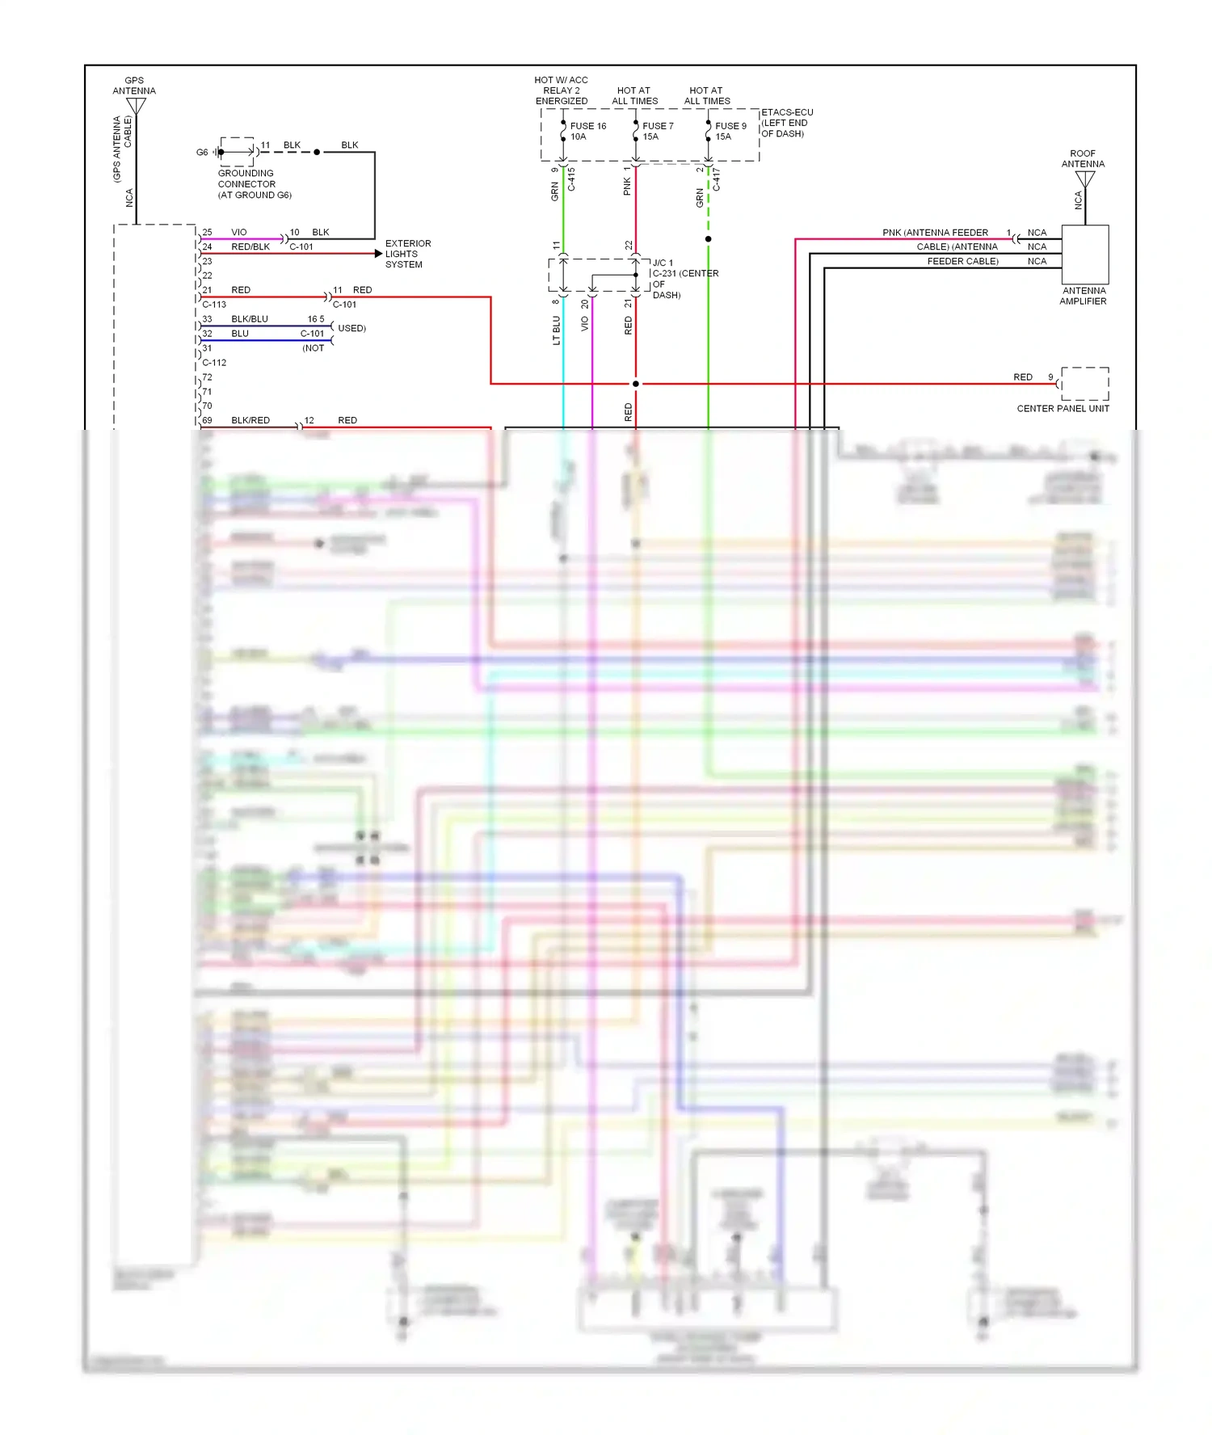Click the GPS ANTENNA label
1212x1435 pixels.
pyautogui.click(x=134, y=86)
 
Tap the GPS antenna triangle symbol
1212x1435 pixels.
pyautogui.click(x=136, y=106)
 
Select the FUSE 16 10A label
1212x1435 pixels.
pyautogui.click(x=587, y=131)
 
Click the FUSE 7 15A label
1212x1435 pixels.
pyautogui.click(x=657, y=131)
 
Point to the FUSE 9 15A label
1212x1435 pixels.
pyautogui.click(x=730, y=131)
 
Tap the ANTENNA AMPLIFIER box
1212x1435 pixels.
pyautogui.click(x=1084, y=254)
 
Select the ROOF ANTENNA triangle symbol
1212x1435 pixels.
pyautogui.click(x=1084, y=179)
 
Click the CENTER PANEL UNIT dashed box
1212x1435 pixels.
pyautogui.click(x=1084, y=384)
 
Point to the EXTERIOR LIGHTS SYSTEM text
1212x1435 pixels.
pyautogui.click(x=407, y=254)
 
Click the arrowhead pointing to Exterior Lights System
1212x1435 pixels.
pyautogui.click(x=378, y=254)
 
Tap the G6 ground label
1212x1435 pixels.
pyautogui.click(x=202, y=152)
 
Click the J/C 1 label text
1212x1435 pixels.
pyautogui.click(x=663, y=263)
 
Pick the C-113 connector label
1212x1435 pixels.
pyautogui.click(x=214, y=305)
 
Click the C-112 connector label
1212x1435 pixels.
pyautogui.click(x=214, y=363)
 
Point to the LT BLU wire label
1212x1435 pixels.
pyautogui.click(x=556, y=330)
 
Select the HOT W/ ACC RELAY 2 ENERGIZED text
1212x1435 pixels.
pyautogui.click(x=561, y=90)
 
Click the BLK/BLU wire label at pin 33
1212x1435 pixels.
pyautogui.click(x=249, y=319)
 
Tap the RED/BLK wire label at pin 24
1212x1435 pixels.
pyautogui.click(x=250, y=246)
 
